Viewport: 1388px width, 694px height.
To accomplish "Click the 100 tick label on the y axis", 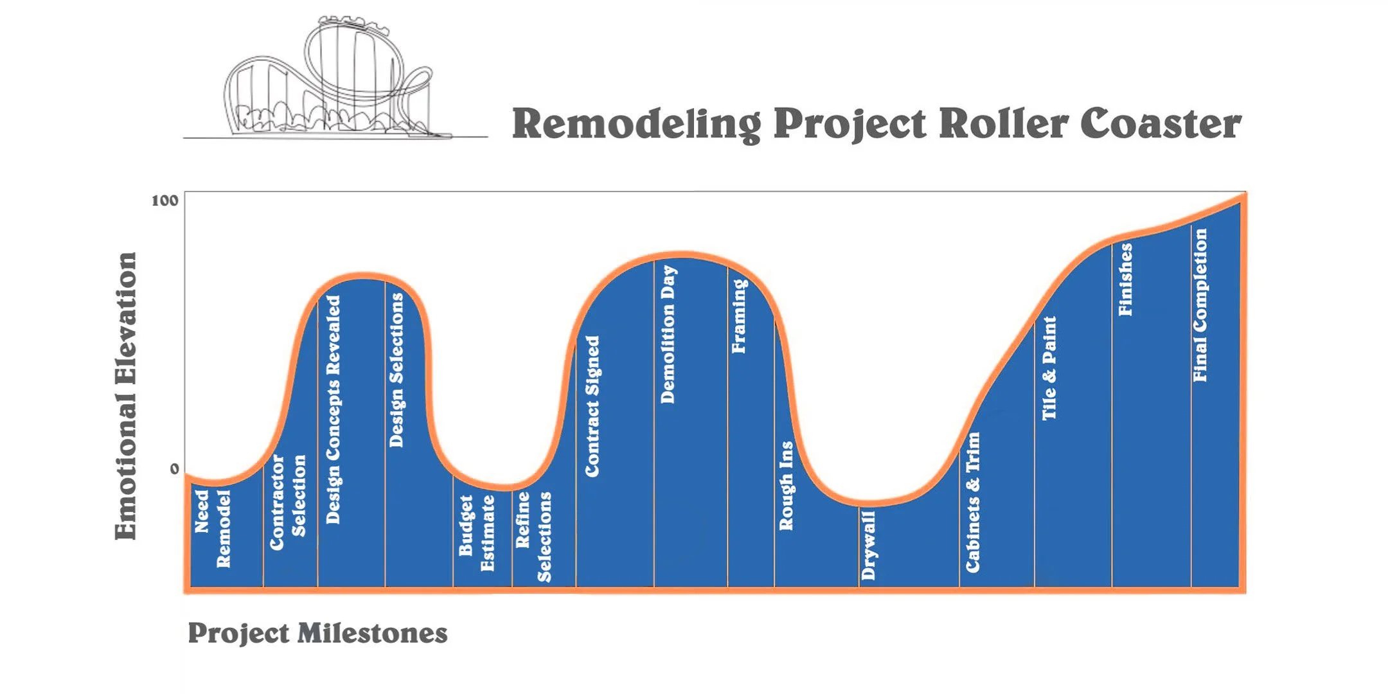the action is tap(165, 200).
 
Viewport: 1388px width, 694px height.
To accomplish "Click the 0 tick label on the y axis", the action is tap(174, 469).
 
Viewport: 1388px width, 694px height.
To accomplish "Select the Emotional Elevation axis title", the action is tap(126, 396).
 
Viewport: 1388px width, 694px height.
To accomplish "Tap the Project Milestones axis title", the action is tap(317, 634).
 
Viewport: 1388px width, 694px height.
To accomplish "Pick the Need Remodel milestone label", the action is tap(213, 528).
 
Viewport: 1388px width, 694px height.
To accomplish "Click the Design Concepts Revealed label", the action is tap(333, 409).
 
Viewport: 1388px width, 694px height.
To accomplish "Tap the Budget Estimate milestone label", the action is tap(476, 533).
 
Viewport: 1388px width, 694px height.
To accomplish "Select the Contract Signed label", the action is tap(592, 406).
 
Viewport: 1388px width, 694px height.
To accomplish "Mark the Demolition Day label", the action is tap(668, 334).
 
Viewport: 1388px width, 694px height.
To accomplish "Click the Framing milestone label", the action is tap(739, 316).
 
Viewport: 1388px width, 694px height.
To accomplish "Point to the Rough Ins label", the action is tap(786, 485).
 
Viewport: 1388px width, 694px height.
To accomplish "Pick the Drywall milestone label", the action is tap(868, 545).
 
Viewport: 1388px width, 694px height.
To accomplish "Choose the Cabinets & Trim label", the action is tap(973, 502).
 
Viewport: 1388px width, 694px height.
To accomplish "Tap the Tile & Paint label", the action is tap(1049, 368).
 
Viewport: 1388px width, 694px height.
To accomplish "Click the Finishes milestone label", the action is tap(1125, 280).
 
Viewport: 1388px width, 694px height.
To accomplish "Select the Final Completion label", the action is tap(1200, 305).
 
